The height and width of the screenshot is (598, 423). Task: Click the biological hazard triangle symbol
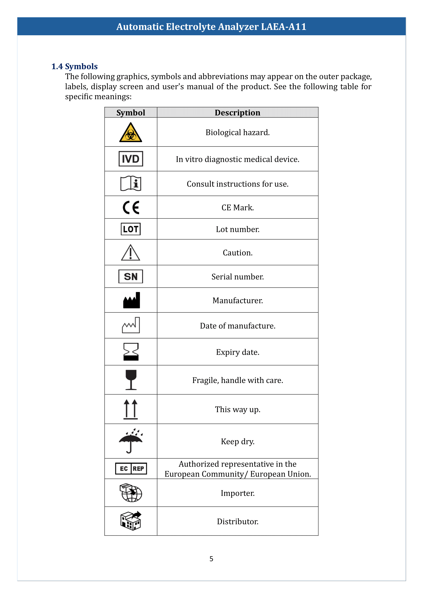(130, 133)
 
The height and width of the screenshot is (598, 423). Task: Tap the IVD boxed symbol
(131, 159)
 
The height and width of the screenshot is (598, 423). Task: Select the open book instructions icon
(131, 183)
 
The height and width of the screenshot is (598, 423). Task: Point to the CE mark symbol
(131, 207)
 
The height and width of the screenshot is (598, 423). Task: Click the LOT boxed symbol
(131, 229)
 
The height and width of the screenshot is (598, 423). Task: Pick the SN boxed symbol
(131, 276)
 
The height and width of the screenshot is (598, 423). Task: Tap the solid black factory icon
(131, 300)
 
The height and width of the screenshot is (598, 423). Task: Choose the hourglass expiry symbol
(131, 352)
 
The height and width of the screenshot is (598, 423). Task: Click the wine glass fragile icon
(131, 379)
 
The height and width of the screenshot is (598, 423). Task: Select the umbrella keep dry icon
(130, 441)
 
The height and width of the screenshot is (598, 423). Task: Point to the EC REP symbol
(131, 469)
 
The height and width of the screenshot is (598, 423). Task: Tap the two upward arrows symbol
(130, 409)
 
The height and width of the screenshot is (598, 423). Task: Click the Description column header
(237, 112)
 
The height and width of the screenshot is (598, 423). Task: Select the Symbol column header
(131, 112)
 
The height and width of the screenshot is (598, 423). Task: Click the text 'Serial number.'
(238, 277)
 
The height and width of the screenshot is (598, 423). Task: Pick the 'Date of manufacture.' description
(238, 326)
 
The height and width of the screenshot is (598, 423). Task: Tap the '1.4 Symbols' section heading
(74, 66)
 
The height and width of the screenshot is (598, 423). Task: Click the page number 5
(211, 559)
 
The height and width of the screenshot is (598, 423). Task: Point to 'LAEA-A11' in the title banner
(284, 27)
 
